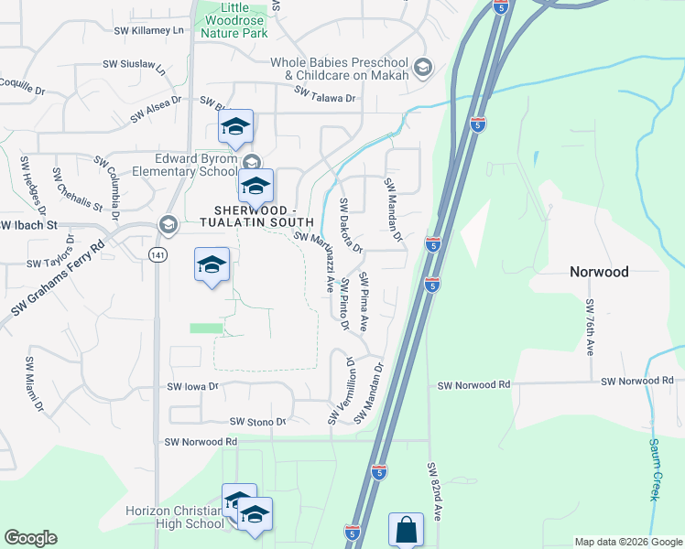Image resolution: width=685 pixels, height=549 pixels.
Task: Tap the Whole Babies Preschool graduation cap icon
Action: [422, 67]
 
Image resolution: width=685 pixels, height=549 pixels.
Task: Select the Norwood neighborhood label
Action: [599, 272]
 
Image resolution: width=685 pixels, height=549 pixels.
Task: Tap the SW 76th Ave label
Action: [591, 327]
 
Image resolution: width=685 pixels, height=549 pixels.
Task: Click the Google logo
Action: [30, 538]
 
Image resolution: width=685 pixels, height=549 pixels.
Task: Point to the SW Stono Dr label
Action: [257, 422]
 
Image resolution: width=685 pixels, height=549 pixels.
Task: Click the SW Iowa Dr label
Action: [194, 387]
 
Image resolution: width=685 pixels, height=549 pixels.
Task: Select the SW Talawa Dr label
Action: [324, 91]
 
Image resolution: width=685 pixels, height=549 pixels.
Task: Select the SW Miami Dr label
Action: [35, 382]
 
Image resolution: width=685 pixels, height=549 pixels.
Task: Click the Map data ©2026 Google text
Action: [628, 542]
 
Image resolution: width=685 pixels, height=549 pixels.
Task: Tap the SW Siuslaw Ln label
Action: [134, 66]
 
